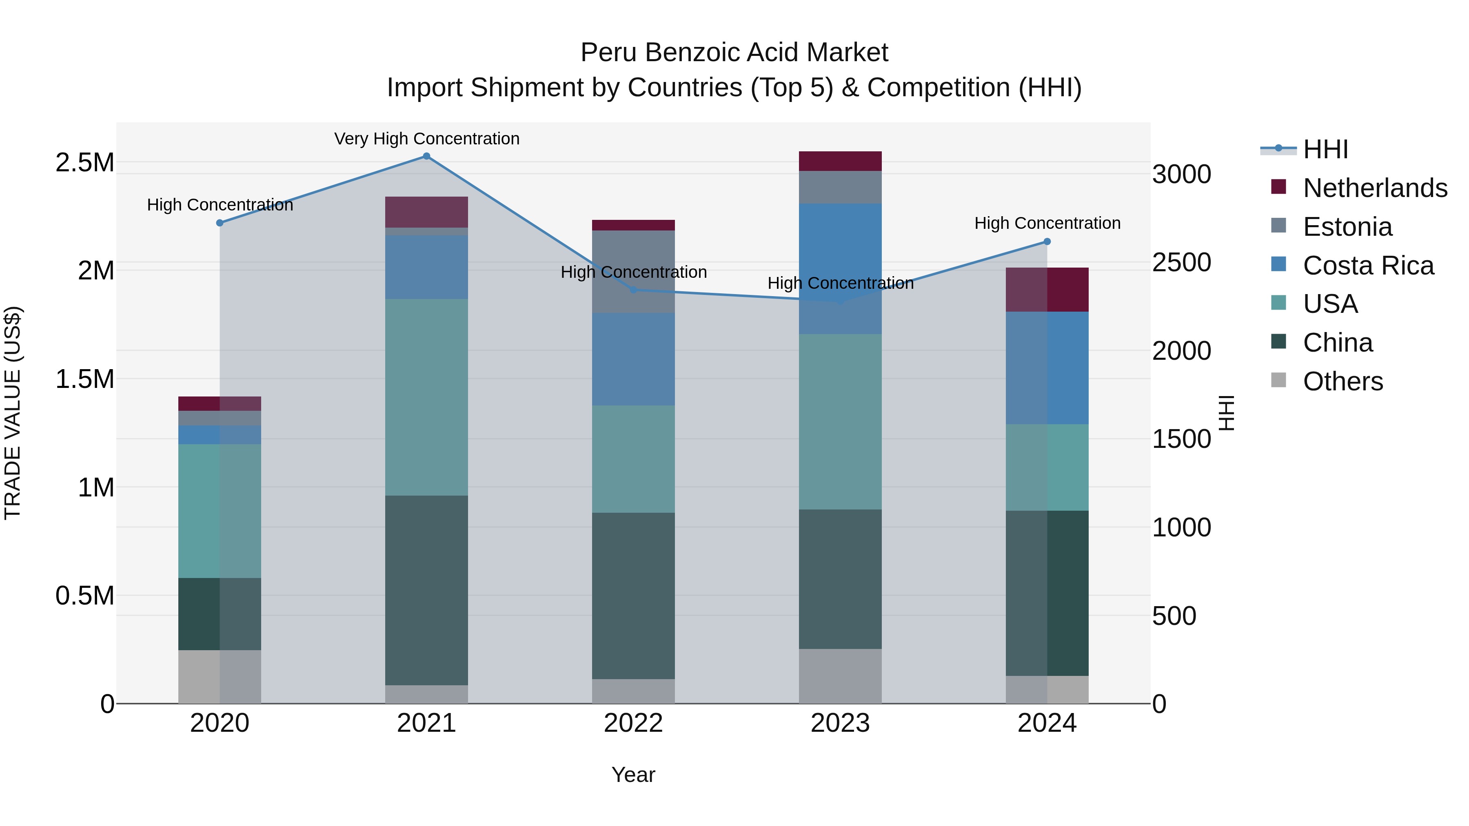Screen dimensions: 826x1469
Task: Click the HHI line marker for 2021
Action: click(426, 156)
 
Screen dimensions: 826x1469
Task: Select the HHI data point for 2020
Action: click(220, 223)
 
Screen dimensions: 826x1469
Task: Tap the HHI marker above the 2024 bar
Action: click(1047, 242)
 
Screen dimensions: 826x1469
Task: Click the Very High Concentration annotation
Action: click(426, 139)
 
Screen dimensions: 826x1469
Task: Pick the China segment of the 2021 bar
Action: click(426, 590)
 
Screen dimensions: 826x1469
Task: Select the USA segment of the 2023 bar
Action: click(840, 422)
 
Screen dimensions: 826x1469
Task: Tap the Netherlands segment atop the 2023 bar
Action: click(840, 161)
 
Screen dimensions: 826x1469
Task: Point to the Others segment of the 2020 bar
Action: click(220, 677)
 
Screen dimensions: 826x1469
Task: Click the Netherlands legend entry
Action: click(1375, 188)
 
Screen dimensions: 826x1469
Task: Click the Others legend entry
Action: click(1343, 381)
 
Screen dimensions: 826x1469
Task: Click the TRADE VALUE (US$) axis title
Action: click(13, 413)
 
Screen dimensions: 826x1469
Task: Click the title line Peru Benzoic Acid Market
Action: click(734, 53)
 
